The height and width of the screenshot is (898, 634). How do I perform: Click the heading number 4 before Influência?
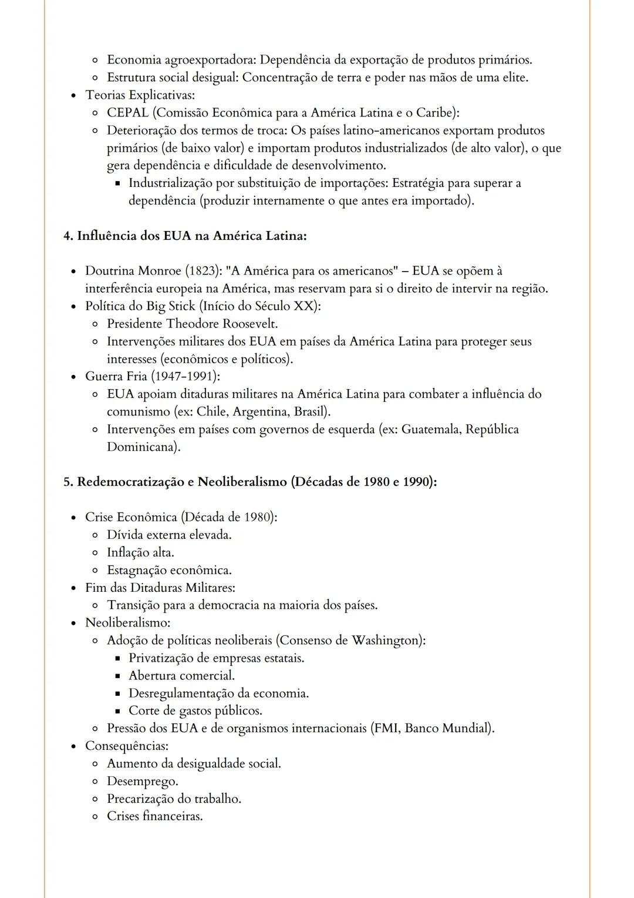(x=68, y=236)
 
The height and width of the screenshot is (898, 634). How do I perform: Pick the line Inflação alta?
(x=140, y=552)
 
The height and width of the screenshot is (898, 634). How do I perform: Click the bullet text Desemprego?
(x=142, y=781)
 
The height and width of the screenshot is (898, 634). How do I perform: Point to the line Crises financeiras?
(x=154, y=816)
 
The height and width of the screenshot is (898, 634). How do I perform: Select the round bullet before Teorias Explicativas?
(x=73, y=95)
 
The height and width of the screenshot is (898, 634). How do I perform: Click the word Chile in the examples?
(x=211, y=411)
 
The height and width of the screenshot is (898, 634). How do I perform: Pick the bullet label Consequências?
(x=126, y=746)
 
